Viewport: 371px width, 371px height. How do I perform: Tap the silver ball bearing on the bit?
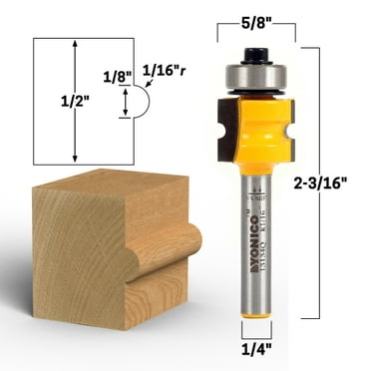click(x=257, y=74)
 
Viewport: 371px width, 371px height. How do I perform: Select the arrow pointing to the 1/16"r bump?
click(x=149, y=87)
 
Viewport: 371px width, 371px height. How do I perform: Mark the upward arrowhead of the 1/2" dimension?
click(x=76, y=45)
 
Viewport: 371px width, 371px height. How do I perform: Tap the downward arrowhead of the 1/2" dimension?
click(x=76, y=158)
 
